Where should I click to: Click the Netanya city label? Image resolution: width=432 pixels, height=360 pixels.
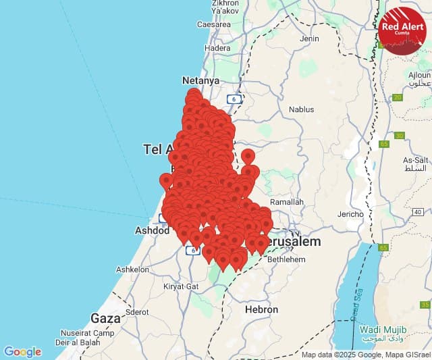click(200, 80)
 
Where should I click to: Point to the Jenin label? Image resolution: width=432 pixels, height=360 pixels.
click(309, 38)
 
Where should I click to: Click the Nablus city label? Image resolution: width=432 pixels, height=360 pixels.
click(301, 109)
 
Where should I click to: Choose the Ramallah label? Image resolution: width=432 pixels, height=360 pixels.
click(287, 201)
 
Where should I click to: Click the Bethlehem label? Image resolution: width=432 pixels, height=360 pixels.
click(286, 259)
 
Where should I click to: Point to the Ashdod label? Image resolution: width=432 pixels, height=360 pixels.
click(152, 230)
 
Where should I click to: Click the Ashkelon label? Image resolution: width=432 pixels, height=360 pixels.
click(132, 269)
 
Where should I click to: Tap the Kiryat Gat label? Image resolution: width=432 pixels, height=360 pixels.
click(181, 286)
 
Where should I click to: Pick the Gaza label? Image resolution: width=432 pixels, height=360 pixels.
click(105, 317)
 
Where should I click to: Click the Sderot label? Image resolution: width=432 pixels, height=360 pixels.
click(137, 312)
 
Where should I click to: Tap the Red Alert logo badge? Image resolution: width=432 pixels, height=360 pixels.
click(402, 30)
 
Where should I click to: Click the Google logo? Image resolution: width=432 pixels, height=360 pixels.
click(22, 352)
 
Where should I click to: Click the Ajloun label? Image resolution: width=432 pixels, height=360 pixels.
click(418, 74)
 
